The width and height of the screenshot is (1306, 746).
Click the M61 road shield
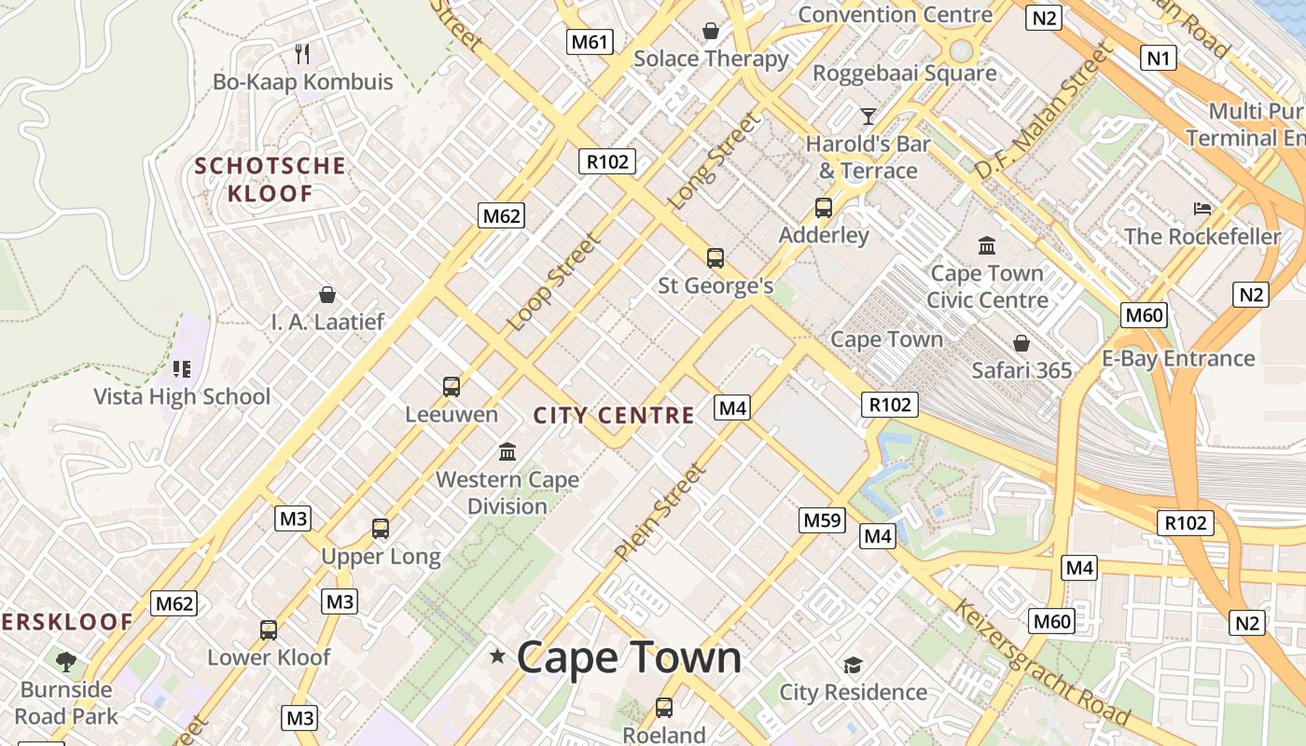click(x=590, y=41)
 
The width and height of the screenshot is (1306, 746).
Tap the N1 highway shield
click(x=1158, y=59)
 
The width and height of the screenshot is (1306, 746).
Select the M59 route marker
click(x=822, y=519)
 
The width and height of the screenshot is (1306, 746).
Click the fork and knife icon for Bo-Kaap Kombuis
click(x=302, y=53)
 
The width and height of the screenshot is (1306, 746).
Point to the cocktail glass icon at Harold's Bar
click(x=868, y=117)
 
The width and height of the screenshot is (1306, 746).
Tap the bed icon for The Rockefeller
click(x=1202, y=209)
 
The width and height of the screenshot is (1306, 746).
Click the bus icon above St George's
click(x=716, y=258)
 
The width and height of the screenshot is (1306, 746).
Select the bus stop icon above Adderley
click(x=824, y=208)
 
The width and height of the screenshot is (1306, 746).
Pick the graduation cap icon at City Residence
click(x=853, y=665)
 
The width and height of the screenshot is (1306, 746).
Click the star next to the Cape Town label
click(x=498, y=657)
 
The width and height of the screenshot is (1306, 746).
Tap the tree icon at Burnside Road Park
click(x=66, y=662)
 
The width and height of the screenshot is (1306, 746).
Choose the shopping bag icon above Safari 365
click(x=1021, y=343)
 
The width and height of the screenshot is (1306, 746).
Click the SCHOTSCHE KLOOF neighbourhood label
click(x=270, y=180)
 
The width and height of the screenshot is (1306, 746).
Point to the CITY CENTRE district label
click(x=614, y=415)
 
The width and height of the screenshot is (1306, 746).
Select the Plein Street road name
click(x=660, y=513)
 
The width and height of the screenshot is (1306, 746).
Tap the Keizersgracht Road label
click(x=1040, y=663)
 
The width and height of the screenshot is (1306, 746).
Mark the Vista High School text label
click(x=182, y=396)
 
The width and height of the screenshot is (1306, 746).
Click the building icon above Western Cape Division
click(x=508, y=452)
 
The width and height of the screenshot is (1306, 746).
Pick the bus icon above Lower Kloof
click(x=269, y=630)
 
